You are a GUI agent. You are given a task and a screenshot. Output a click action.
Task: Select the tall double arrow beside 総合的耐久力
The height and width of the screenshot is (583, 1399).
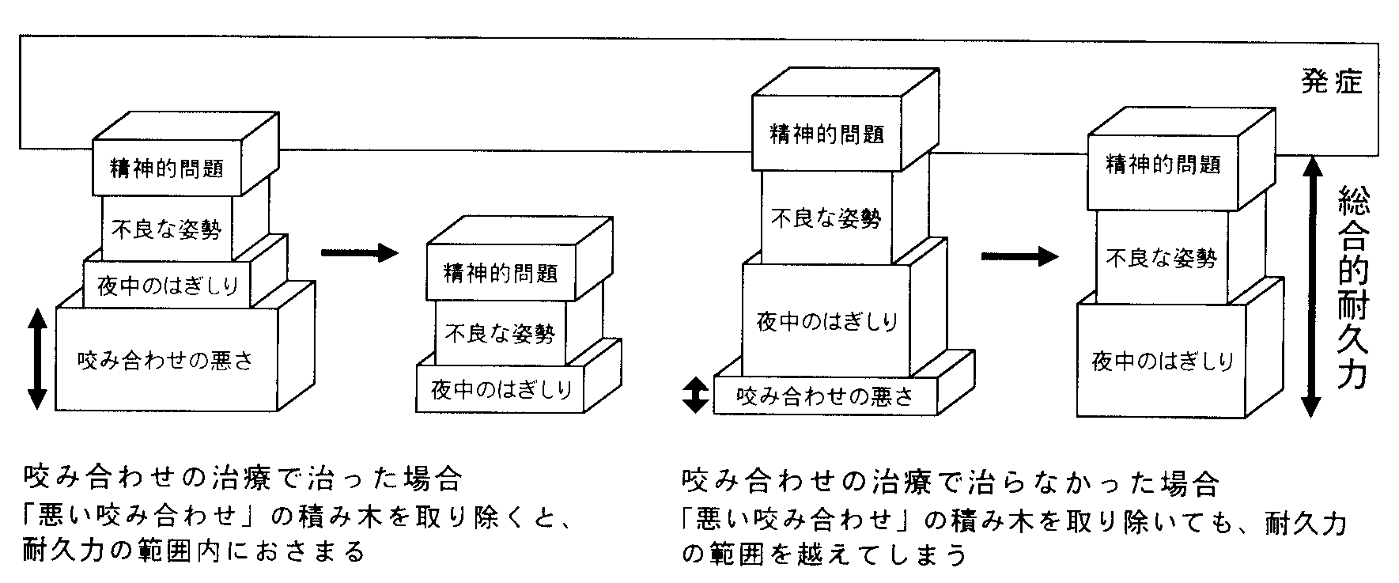pyautogui.click(x=1310, y=286)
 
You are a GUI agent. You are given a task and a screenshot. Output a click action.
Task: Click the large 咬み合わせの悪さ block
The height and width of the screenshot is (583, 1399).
pyautogui.click(x=166, y=361)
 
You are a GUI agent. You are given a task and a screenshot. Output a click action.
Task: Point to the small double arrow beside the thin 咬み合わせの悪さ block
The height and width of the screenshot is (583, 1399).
pyautogui.click(x=694, y=395)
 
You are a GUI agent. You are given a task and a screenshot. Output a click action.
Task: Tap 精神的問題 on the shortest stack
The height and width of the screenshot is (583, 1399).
pyautogui.click(x=501, y=273)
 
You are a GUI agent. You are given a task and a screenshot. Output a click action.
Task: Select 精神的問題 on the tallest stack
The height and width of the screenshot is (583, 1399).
pyautogui.click(x=826, y=134)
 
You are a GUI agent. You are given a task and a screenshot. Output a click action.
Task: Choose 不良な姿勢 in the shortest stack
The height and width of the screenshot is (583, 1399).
pyautogui.click(x=500, y=333)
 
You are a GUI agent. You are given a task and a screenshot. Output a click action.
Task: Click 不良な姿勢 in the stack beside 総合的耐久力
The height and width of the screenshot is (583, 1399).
pyautogui.click(x=1161, y=258)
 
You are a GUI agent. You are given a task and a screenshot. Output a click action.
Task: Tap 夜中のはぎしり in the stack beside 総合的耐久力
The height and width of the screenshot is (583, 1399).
pyautogui.click(x=1162, y=362)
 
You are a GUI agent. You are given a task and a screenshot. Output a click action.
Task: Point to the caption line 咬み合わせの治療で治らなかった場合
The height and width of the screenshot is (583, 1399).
pyautogui.click(x=948, y=481)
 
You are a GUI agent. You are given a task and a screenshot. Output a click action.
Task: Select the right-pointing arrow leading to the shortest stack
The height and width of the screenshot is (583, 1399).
pyautogui.click(x=360, y=253)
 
